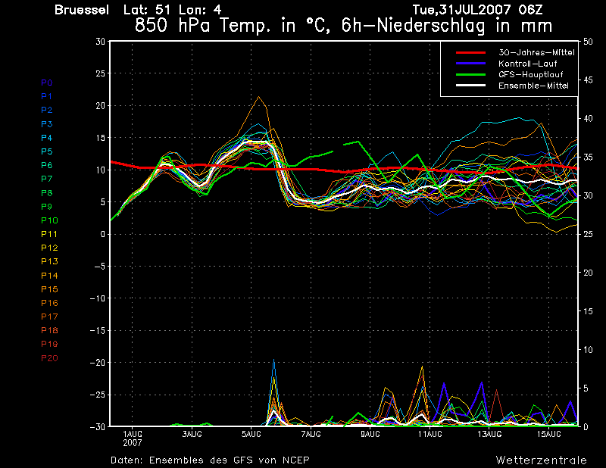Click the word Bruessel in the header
click(82, 10)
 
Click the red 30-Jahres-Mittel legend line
click(470, 52)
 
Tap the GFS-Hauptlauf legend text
click(531, 74)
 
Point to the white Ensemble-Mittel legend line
click(470, 86)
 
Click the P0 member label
click(47, 83)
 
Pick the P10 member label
click(49, 220)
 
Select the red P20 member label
click(49, 358)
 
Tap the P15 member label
click(49, 289)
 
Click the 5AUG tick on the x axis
click(251, 434)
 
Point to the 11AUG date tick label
click(430, 434)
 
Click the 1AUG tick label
click(132, 434)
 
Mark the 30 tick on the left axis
click(101, 42)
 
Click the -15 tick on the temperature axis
click(98, 330)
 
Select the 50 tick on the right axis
click(588, 42)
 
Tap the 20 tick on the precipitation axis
click(588, 273)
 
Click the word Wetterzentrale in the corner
click(542, 460)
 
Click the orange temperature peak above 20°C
click(258, 97)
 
